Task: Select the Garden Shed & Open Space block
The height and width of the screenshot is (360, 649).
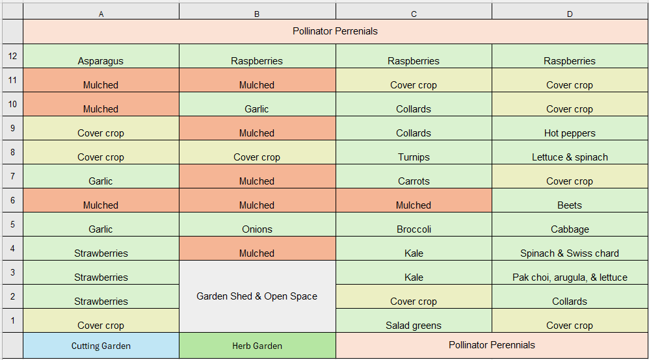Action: (x=257, y=296)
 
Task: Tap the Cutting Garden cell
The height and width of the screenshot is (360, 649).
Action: (x=101, y=346)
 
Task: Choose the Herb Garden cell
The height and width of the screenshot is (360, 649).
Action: (x=257, y=346)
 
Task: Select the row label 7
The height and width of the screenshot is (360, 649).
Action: (x=12, y=176)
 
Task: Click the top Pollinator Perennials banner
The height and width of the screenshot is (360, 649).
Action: (x=335, y=31)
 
